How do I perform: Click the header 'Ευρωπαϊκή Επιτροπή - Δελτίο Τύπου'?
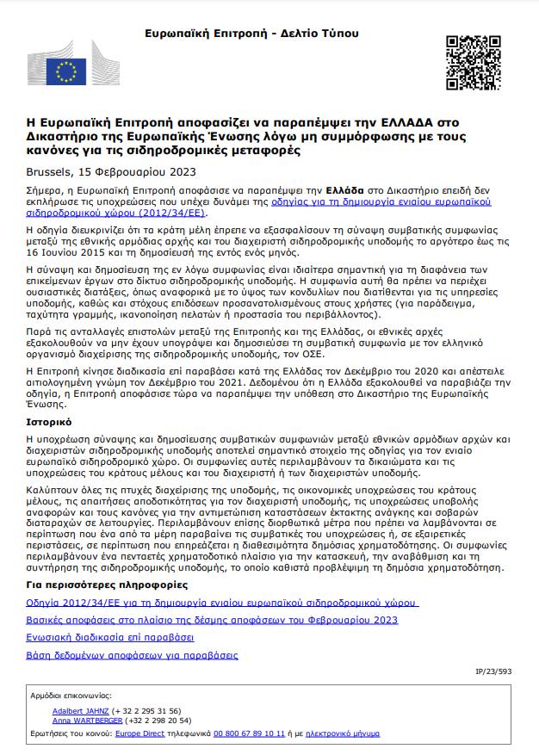[x=251, y=34]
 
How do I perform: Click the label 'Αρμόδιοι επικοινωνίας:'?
[x=70, y=695]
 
